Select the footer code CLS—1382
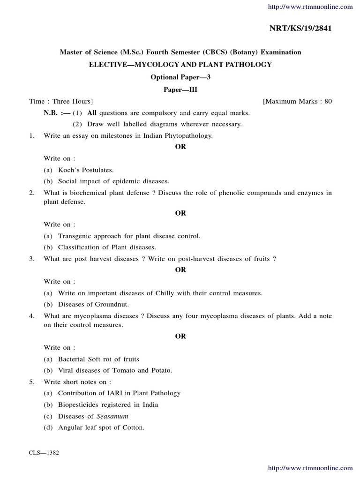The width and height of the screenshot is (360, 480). tap(44, 453)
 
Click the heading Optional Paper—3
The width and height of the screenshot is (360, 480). tap(180, 77)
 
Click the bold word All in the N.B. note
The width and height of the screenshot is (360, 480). tap(92, 113)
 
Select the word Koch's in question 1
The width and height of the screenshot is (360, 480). tap(68, 170)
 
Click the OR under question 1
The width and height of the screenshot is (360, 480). tap(180, 147)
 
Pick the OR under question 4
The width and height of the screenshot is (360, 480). tap(180, 336)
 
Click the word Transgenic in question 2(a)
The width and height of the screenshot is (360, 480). tap(75, 236)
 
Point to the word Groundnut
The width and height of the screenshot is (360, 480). tap(112, 304)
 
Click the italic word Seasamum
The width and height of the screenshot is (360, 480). tap(112, 416)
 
